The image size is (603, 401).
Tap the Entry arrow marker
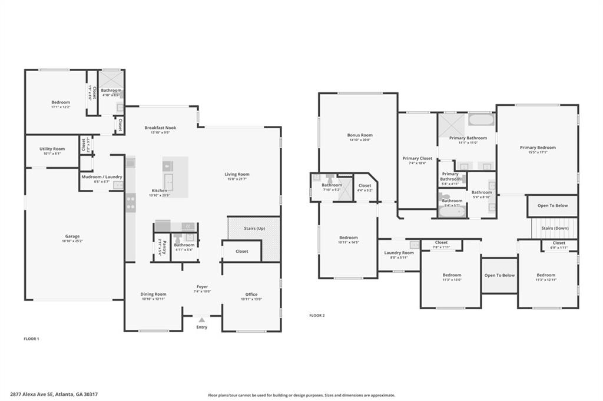click(202, 320)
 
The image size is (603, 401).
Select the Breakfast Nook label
click(160, 128)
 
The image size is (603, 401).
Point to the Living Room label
click(237, 174)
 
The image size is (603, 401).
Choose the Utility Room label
click(52, 149)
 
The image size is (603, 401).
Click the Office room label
click(251, 295)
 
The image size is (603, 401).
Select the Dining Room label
click(153, 294)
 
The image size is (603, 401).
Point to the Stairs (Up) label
click(254, 228)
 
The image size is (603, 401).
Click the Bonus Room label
click(359, 135)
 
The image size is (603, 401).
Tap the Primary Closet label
click(417, 158)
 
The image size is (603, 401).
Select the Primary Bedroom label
click(537, 148)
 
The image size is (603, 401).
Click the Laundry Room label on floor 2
click(399, 253)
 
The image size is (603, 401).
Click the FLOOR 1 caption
click(31, 339)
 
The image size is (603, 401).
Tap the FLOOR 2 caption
click(317, 315)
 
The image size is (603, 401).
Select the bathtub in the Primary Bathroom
click(482, 120)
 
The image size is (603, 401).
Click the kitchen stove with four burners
click(130, 203)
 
